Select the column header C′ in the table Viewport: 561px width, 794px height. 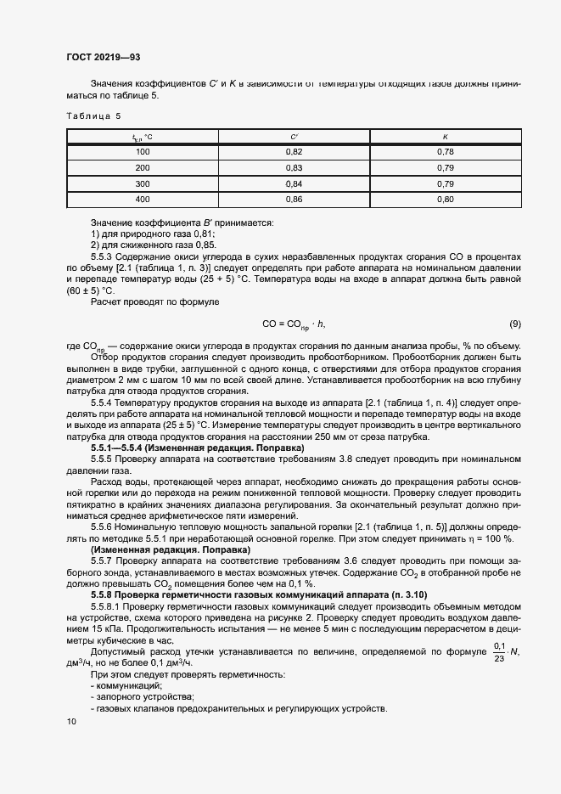pyautogui.click(x=294, y=136)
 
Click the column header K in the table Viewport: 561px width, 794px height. pyautogui.click(x=445, y=136)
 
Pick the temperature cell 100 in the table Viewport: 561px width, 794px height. pyautogui.click(x=143, y=152)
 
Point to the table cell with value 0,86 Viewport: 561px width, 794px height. pyautogui.click(x=294, y=200)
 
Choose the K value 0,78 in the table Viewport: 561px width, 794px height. pyautogui.click(x=445, y=152)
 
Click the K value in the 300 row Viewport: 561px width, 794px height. pyautogui.click(x=445, y=183)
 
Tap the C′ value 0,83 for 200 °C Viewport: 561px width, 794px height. pyautogui.click(x=294, y=168)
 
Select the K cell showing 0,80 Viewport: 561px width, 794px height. pyautogui.click(x=445, y=200)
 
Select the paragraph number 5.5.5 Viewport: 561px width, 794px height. pyautogui.click(x=103, y=459)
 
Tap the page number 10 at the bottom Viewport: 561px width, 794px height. pyautogui.click(x=70, y=722)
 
